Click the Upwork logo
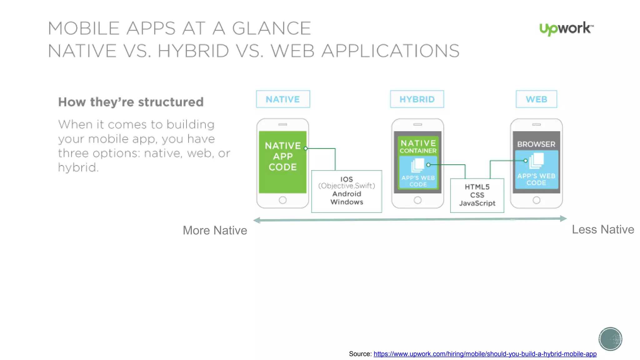coord(566,29)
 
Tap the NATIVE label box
coord(283,99)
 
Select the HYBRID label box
coord(417,99)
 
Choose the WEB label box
coord(536,99)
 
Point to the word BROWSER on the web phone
coord(536,144)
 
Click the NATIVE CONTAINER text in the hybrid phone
coord(418,147)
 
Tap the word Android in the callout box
coord(347,194)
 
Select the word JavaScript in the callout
coord(477,203)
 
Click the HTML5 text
coord(477,187)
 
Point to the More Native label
coord(215,231)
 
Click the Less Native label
coord(603,230)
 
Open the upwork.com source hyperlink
coord(485,354)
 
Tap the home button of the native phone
coord(282,200)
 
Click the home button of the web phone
coord(536,200)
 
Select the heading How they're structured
coord(131,102)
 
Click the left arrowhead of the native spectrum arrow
coord(257,220)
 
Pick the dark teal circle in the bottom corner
coord(610,339)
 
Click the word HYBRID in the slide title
coord(193,51)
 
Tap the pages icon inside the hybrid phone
coord(417,165)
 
